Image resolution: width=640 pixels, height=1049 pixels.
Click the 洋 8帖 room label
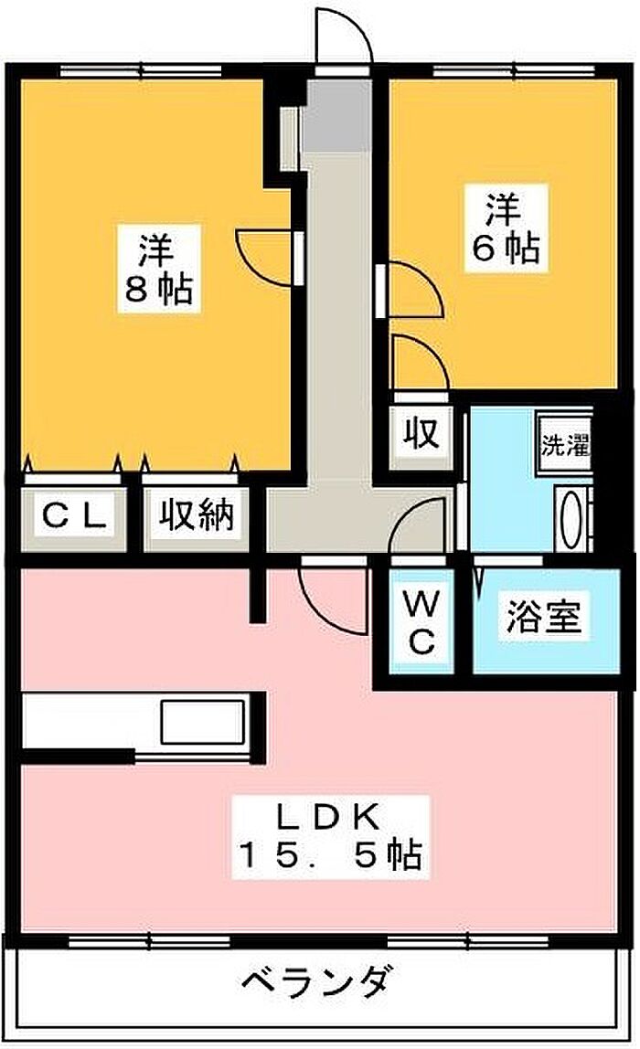(x=158, y=270)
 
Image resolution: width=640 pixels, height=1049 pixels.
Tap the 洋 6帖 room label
(x=506, y=228)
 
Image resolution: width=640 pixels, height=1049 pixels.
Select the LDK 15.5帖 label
(x=330, y=836)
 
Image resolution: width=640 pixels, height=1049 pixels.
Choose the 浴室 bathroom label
(x=543, y=616)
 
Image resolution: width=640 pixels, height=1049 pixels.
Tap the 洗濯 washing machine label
(x=566, y=445)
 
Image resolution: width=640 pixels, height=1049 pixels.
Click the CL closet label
(x=74, y=516)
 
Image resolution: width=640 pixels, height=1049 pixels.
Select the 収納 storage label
(x=196, y=515)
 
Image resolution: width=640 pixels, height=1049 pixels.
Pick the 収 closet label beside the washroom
(x=421, y=433)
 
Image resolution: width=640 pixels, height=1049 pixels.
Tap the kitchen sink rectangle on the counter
(x=202, y=722)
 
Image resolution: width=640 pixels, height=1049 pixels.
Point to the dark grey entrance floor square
(x=336, y=115)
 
